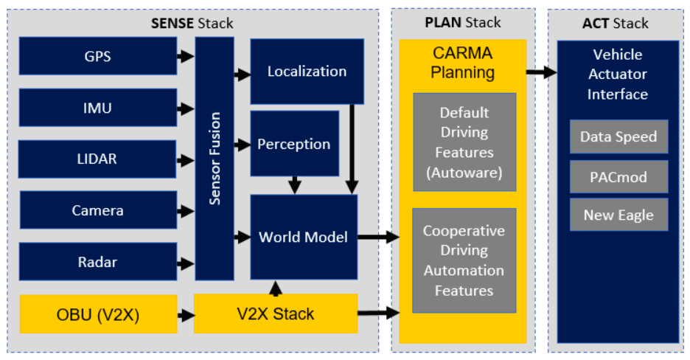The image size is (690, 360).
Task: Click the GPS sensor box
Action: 98,56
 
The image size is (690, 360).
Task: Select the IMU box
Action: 98,108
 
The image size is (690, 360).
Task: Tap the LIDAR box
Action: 97,159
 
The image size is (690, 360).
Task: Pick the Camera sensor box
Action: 98,210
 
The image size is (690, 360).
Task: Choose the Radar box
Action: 98,261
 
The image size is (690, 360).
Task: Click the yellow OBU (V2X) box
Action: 98,314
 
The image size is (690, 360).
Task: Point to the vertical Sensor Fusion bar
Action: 215,159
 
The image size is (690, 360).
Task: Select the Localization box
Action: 307,72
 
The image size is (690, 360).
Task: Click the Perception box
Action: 294,143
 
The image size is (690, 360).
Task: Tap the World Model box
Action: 304,237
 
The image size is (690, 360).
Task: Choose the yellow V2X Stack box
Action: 276,314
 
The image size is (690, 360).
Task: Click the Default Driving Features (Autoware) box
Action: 464,142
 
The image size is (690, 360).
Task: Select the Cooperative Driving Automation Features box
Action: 464,260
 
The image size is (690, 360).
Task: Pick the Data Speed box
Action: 618,136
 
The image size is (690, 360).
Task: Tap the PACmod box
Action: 618,177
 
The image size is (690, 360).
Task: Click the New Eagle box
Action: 618,215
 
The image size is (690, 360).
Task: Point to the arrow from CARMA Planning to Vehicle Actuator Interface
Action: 542,72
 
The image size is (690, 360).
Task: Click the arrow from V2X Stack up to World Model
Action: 276,288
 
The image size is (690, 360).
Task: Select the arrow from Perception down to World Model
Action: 294,185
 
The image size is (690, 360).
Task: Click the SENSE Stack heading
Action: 192,23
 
